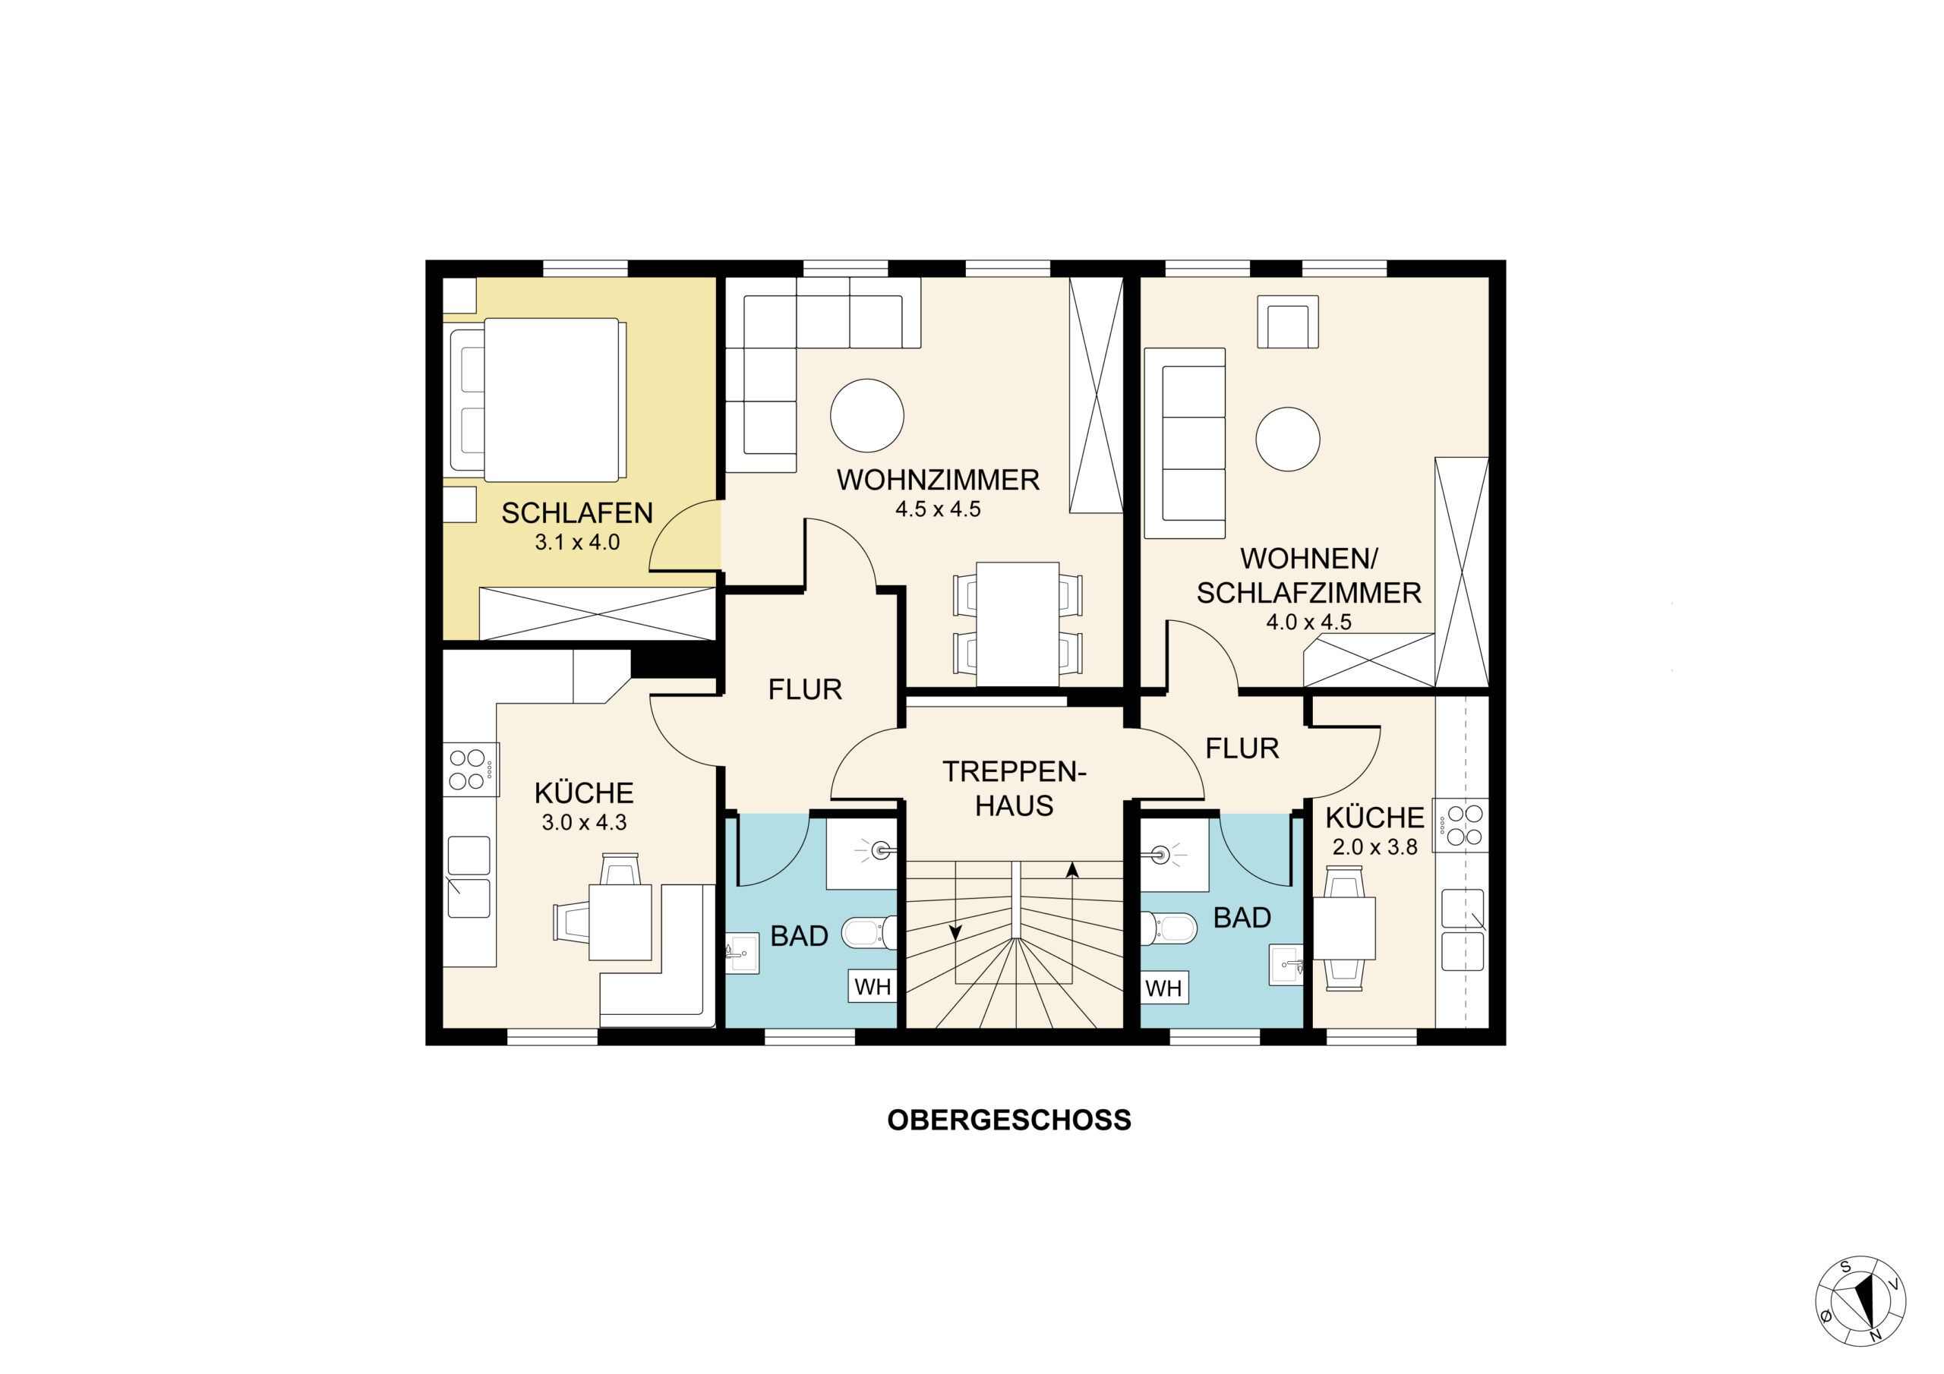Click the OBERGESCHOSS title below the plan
pyautogui.click(x=1008, y=1120)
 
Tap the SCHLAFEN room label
pyautogui.click(x=577, y=513)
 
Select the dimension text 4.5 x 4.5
pyautogui.click(x=938, y=509)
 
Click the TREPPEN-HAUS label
pyautogui.click(x=1015, y=788)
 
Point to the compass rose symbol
pyautogui.click(x=1860, y=1301)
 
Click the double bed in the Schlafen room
pyautogui.click(x=538, y=399)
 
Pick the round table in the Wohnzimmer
pyautogui.click(x=867, y=414)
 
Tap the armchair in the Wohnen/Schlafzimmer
pyautogui.click(x=1287, y=322)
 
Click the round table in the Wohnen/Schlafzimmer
pyautogui.click(x=1287, y=440)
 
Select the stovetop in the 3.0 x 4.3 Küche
pyautogui.click(x=471, y=769)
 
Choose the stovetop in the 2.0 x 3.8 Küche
pyautogui.click(x=1460, y=825)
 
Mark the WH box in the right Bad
pyautogui.click(x=1164, y=988)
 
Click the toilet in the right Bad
pyautogui.click(x=1169, y=928)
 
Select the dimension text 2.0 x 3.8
pyautogui.click(x=1375, y=846)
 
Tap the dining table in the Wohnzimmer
pyautogui.click(x=1018, y=625)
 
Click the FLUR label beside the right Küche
pyautogui.click(x=1242, y=748)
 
